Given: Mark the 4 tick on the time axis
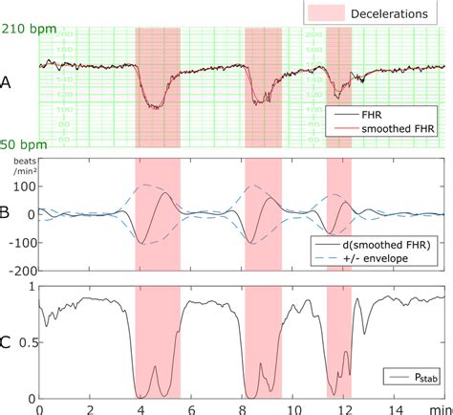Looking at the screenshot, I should pyautogui.click(x=140, y=408).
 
